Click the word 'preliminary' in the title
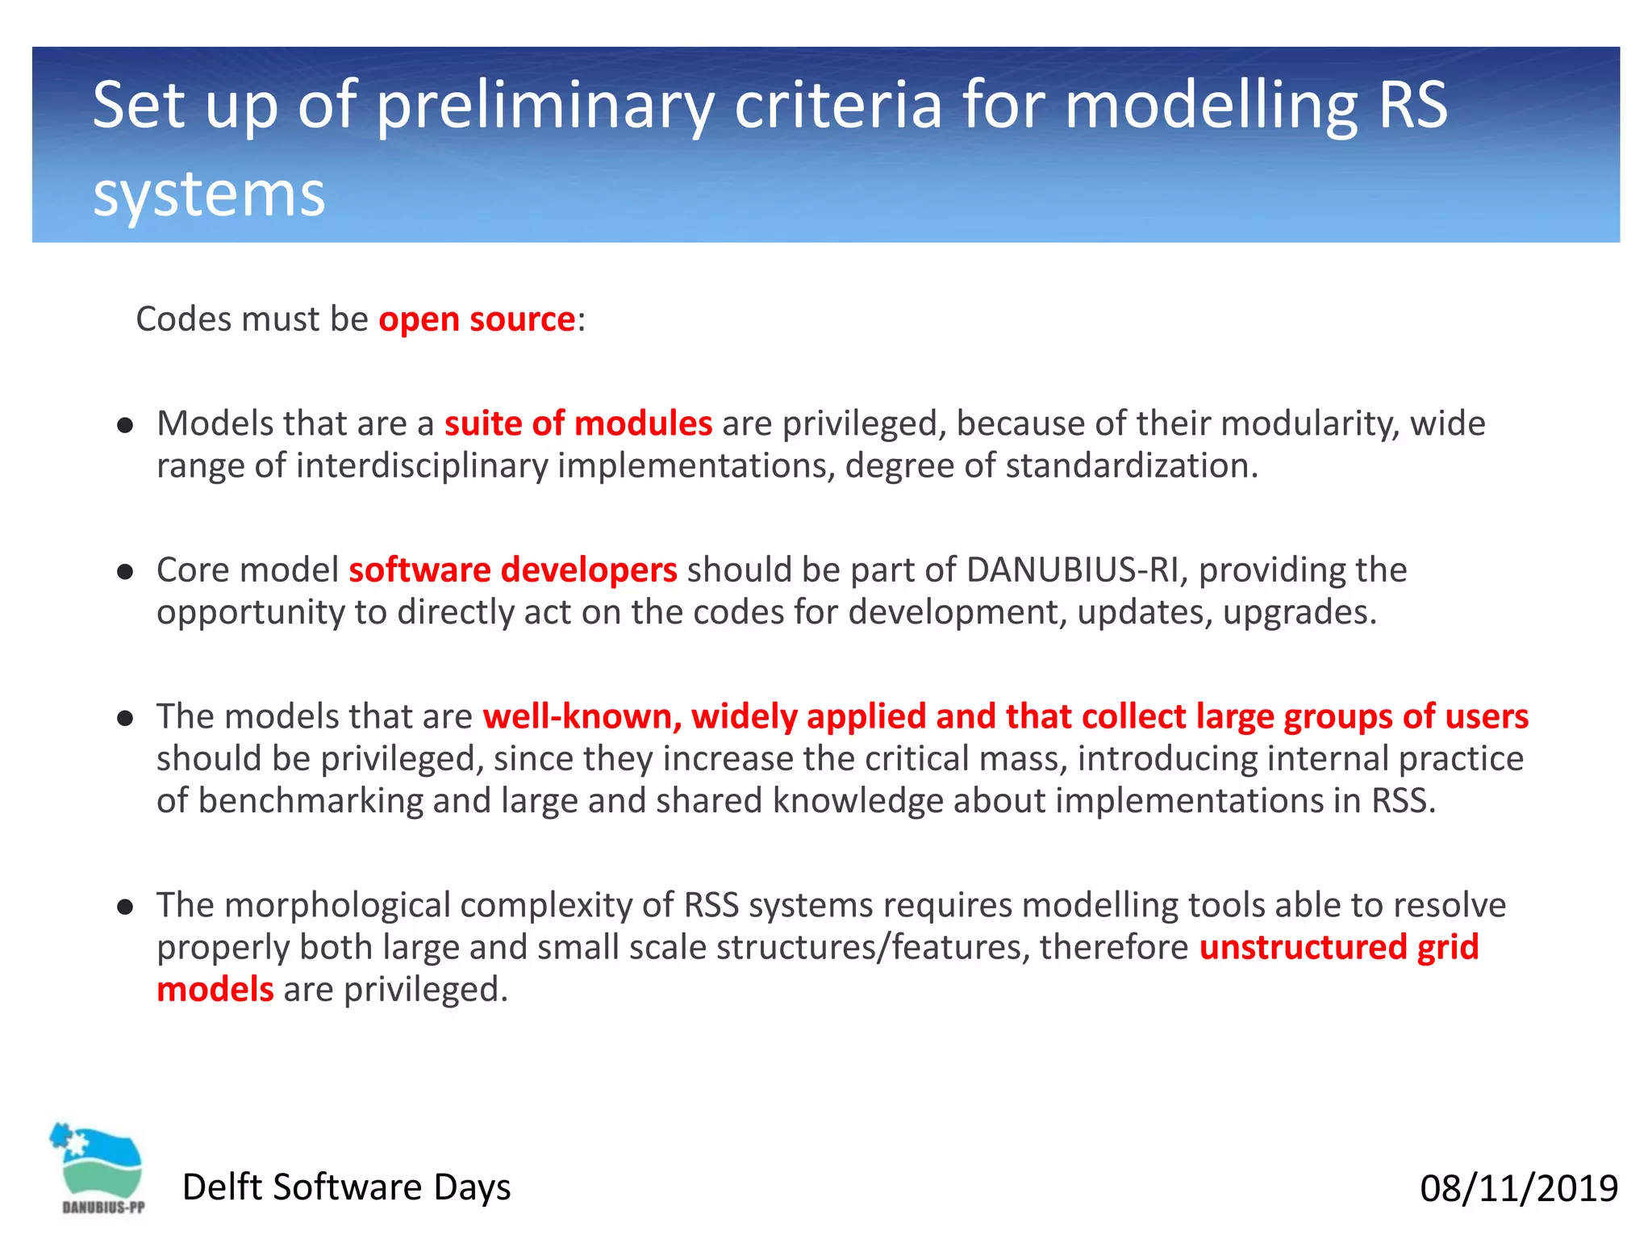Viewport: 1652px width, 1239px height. coord(545,106)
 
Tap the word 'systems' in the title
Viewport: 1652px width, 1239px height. coord(208,194)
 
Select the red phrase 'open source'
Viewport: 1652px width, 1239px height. coord(477,319)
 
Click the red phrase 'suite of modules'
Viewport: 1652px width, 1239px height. coord(578,423)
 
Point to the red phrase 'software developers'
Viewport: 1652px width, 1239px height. coord(512,570)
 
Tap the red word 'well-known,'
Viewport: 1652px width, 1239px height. coord(582,716)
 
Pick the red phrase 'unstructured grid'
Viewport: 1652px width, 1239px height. coord(1338,947)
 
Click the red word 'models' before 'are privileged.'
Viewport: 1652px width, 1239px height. coord(215,990)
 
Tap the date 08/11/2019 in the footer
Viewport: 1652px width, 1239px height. coord(1518,1188)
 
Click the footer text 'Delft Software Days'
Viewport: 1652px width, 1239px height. coord(346,1187)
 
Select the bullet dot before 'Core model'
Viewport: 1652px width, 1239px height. coord(124,572)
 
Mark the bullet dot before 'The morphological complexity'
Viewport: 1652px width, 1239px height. coord(124,907)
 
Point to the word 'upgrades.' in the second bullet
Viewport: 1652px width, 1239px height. coord(1299,612)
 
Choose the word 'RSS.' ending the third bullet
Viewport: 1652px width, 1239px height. coord(1404,800)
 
